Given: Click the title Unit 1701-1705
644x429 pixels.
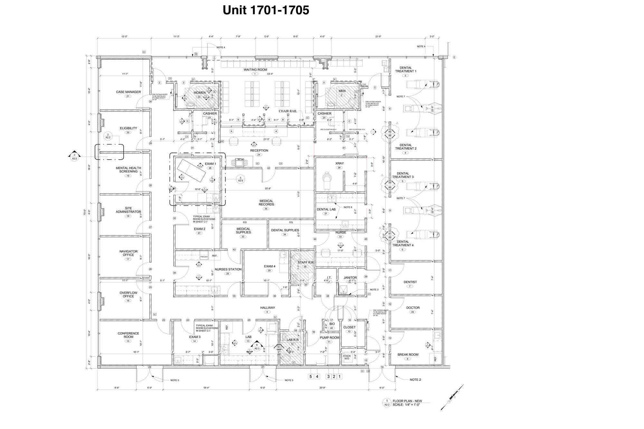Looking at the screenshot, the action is coord(266,10).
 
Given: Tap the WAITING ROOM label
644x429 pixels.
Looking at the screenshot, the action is coord(255,70).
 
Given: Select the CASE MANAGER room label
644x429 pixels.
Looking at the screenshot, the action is coord(128,92).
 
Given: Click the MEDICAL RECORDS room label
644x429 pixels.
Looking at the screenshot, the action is coord(266,203).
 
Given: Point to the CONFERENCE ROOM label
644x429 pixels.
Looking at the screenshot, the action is coord(128,335).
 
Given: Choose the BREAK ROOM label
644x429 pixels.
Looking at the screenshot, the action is coord(408,355).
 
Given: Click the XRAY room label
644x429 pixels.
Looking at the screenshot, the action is coord(339,163).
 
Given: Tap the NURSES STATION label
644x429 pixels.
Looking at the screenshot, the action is coord(228,269).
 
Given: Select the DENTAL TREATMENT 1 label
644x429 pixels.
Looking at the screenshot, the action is coord(406,70).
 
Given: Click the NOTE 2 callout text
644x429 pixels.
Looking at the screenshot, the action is coord(415,380).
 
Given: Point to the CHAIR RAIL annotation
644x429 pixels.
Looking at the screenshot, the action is coord(288,111).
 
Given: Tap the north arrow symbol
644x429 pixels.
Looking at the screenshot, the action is coord(452,397).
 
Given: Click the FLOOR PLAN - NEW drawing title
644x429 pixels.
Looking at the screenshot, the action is coord(407,401).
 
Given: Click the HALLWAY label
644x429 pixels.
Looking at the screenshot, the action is coord(268,308).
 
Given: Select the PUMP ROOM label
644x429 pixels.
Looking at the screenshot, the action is coord(329,338).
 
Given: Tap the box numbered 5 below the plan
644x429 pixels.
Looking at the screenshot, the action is coord(311,377).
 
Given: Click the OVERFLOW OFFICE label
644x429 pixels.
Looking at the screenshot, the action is coord(128,294).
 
